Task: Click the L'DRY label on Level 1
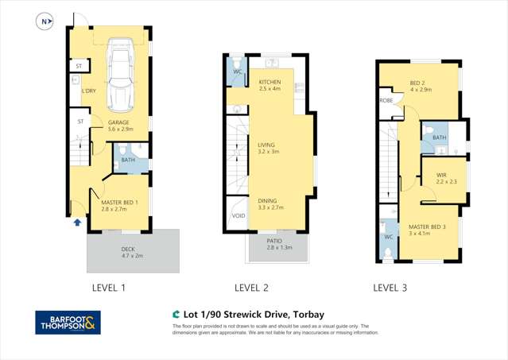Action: tap(88, 91)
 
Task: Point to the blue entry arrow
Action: tap(76, 223)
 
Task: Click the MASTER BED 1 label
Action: tap(119, 203)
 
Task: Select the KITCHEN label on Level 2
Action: tap(270, 81)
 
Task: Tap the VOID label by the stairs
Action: tap(238, 215)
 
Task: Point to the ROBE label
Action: tap(387, 101)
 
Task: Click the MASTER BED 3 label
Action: tap(428, 227)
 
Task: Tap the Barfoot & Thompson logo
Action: tap(69, 323)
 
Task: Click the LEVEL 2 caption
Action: tap(251, 288)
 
